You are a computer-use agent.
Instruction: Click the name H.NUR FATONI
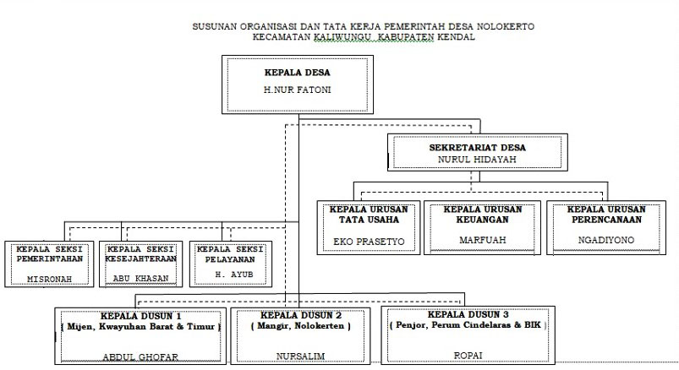click(x=297, y=90)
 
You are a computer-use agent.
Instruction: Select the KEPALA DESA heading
click(x=297, y=73)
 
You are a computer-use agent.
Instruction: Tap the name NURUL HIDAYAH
click(x=477, y=160)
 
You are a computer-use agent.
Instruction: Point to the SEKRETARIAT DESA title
click(x=477, y=147)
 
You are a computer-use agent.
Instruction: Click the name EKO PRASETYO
click(x=369, y=242)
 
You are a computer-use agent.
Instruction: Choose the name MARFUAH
click(x=482, y=240)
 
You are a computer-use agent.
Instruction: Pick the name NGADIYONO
click(x=606, y=240)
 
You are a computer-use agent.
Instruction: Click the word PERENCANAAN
click(x=606, y=220)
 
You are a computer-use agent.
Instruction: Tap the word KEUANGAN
click(x=482, y=220)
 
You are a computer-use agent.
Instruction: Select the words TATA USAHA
click(x=369, y=220)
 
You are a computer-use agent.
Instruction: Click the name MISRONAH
click(x=49, y=279)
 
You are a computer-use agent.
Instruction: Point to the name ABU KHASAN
click(x=140, y=278)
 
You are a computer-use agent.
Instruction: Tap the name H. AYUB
click(x=234, y=275)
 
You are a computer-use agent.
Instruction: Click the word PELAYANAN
click(x=230, y=259)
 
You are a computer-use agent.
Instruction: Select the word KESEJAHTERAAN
click(x=140, y=258)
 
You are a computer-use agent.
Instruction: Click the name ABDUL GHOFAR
click(x=140, y=357)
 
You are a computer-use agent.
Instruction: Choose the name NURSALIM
click(x=300, y=356)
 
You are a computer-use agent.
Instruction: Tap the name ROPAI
click(x=468, y=356)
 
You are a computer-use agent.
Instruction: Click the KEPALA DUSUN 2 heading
click(x=301, y=315)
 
